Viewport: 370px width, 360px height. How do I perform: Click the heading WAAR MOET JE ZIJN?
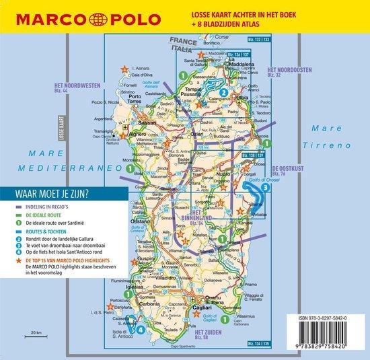(x=55, y=193)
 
